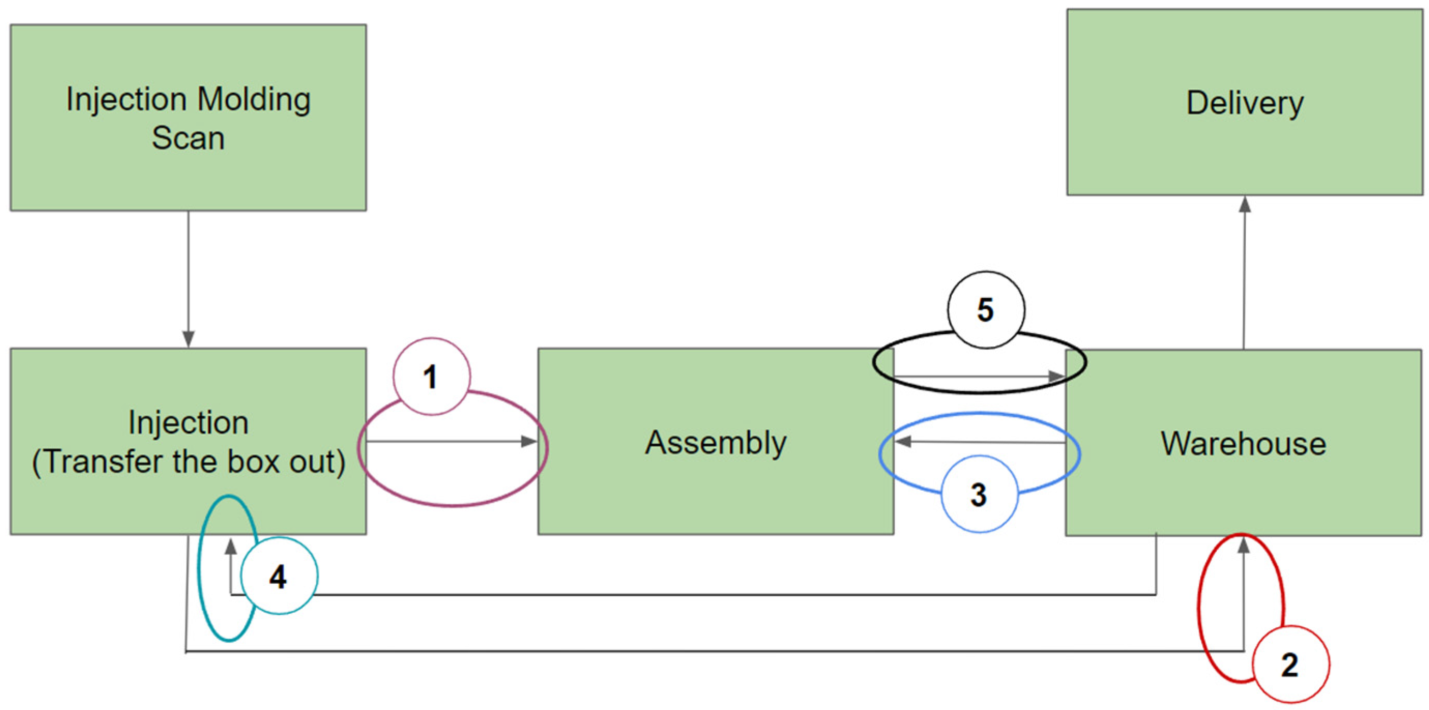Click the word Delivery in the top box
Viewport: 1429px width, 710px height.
[1244, 103]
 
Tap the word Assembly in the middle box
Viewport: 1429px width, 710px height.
[716, 443]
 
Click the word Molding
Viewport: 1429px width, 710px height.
[254, 100]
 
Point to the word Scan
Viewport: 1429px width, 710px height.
[188, 138]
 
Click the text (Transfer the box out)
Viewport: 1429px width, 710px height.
[188, 462]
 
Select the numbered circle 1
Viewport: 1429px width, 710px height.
[431, 377]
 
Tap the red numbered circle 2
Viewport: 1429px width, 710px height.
[1290, 664]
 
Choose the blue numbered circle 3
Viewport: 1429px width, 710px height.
[979, 494]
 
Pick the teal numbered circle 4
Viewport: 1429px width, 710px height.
[278, 576]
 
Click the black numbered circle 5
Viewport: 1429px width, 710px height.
[985, 309]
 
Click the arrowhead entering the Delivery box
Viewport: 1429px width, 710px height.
[1245, 205]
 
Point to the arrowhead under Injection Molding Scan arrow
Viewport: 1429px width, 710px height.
[188, 339]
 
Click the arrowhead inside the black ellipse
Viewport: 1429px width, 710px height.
[1056, 376]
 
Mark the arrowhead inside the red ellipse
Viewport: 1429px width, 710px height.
[1244, 547]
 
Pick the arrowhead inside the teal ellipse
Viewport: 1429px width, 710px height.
[231, 548]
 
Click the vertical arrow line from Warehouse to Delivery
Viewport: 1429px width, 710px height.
[1244, 277]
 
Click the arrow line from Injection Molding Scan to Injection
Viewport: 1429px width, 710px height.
[188, 271]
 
